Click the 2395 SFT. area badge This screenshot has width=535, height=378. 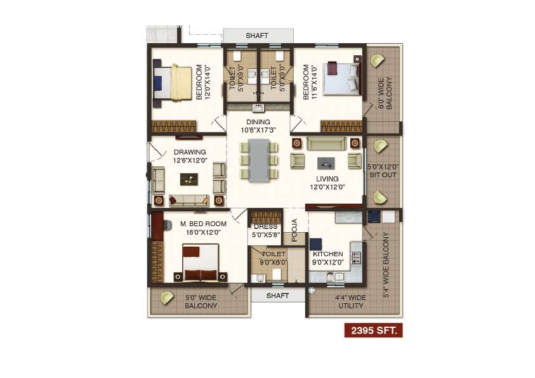tap(373, 330)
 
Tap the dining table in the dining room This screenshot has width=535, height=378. tap(259, 160)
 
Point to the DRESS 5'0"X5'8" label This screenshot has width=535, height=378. tap(265, 230)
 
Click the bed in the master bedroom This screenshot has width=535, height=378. tap(202, 264)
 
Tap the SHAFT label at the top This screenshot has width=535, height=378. tap(257, 36)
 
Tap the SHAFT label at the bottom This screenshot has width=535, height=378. tap(277, 296)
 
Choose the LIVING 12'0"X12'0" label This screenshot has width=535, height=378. tap(327, 183)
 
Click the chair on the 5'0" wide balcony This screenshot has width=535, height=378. tap(167, 297)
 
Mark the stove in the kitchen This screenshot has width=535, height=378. tap(356, 257)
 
